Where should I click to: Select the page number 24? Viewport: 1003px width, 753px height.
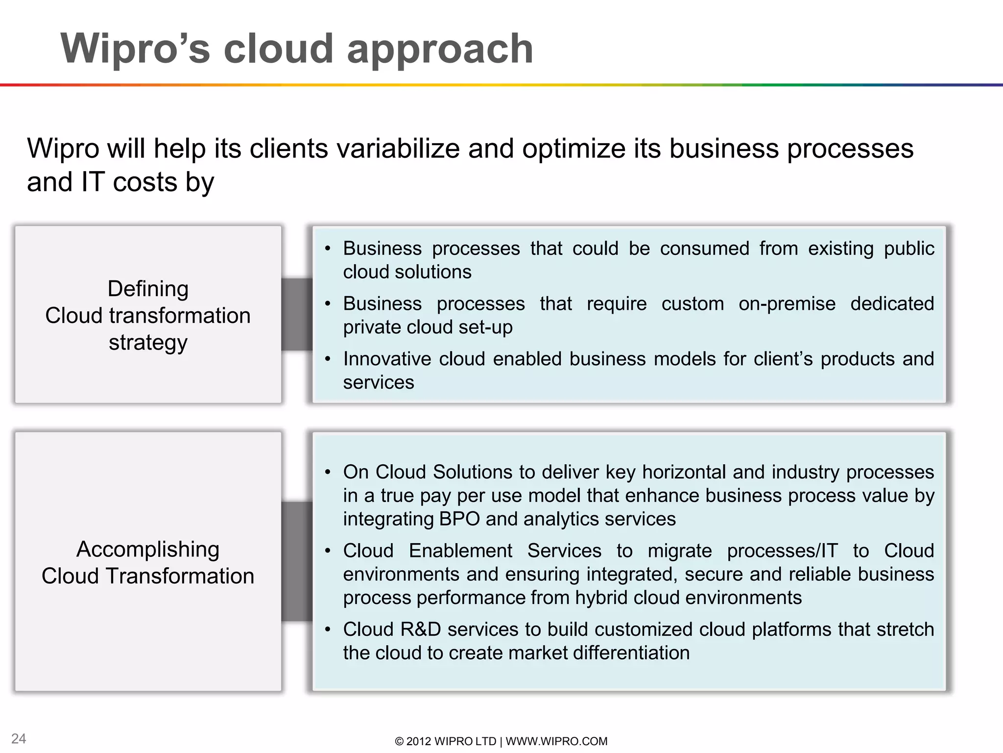coord(19,738)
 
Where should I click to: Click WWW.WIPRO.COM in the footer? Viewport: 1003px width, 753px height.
coord(556,741)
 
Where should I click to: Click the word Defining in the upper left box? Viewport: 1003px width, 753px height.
coord(148,289)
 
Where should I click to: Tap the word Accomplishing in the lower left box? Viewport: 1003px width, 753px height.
coord(148,549)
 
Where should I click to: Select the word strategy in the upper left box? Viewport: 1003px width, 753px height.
coord(148,342)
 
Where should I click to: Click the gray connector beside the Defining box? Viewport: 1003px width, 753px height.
coord(297,314)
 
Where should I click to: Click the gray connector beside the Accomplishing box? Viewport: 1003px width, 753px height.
coord(297,561)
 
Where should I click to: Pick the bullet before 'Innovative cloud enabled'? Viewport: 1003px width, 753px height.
coord(328,359)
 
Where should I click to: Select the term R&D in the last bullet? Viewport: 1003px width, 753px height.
coord(420,629)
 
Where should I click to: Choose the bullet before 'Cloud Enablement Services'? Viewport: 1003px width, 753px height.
coord(328,551)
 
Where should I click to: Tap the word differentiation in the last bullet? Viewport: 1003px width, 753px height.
coord(631,653)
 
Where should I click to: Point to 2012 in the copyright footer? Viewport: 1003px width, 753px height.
coord(419,741)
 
